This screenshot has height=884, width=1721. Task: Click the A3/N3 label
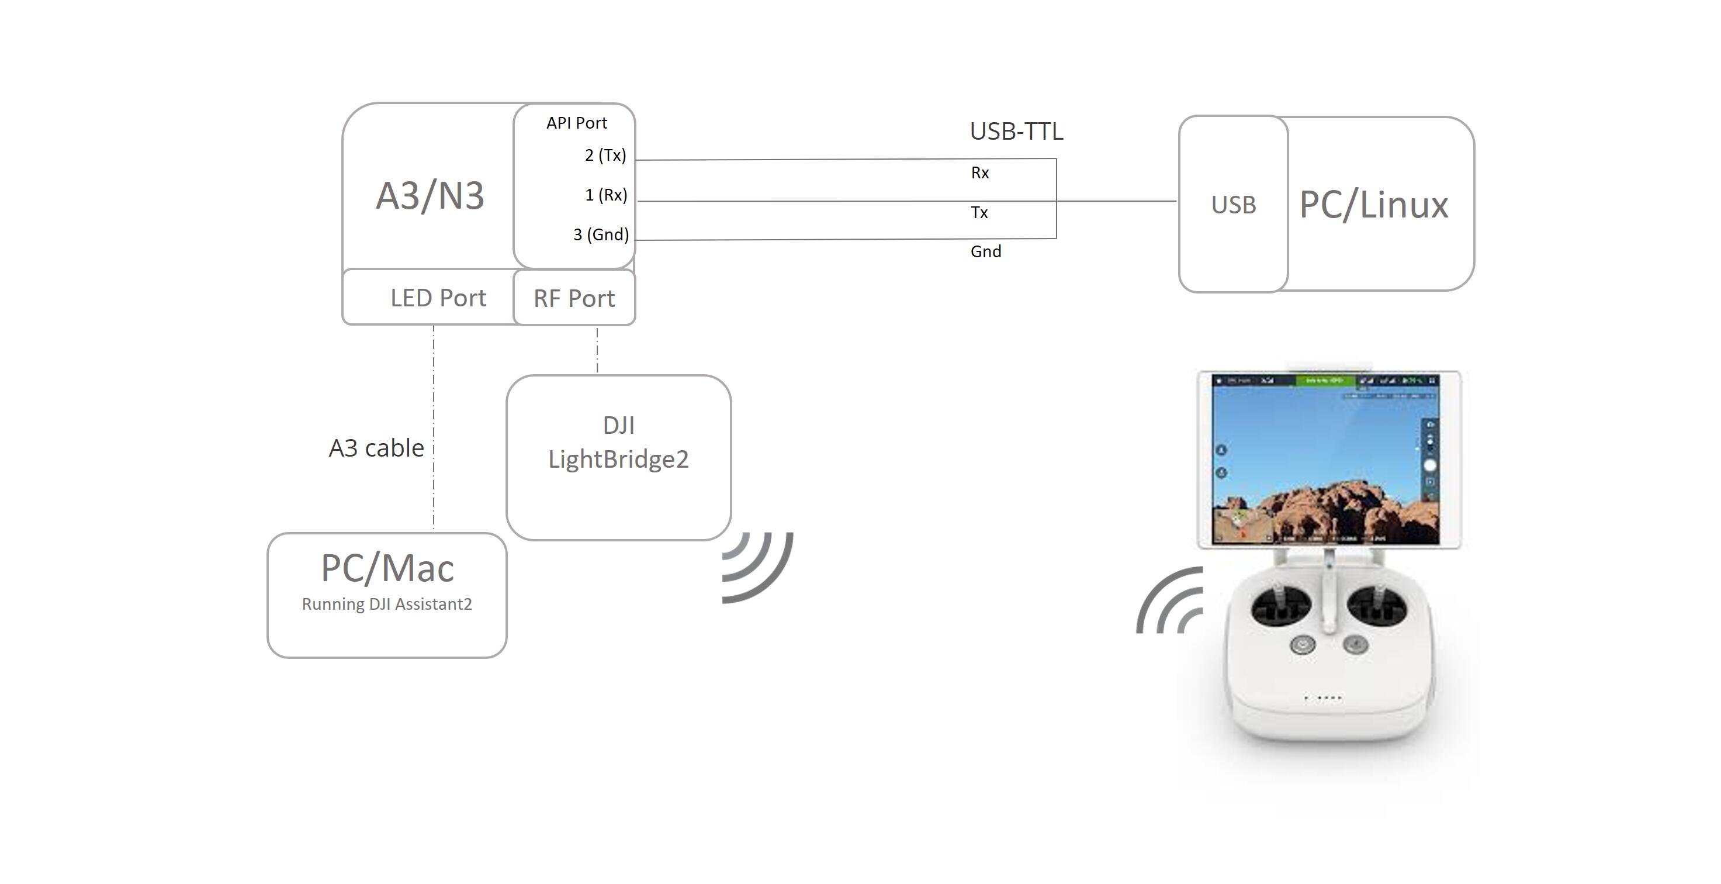[x=430, y=196]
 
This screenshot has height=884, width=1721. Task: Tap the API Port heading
[x=576, y=123]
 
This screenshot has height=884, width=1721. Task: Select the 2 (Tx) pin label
[x=605, y=155]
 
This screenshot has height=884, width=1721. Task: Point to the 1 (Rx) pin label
[x=605, y=195]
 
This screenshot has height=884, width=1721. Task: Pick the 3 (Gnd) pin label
[x=601, y=234]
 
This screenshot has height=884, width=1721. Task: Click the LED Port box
[x=438, y=298]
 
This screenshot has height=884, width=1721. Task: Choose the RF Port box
[x=574, y=298]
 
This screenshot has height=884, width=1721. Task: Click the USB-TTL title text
[x=1016, y=132]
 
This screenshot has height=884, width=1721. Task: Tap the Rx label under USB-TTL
[x=979, y=173]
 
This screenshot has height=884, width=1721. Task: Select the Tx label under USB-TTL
[x=979, y=212]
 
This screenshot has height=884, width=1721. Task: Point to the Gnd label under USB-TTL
[x=985, y=252]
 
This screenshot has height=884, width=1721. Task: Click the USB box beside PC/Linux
[x=1233, y=205]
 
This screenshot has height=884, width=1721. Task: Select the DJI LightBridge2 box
[x=618, y=457]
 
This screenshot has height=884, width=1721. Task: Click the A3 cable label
[x=376, y=448]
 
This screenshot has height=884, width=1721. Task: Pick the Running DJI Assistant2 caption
[x=387, y=604]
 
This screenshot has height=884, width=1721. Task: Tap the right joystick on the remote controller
[x=1376, y=604]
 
